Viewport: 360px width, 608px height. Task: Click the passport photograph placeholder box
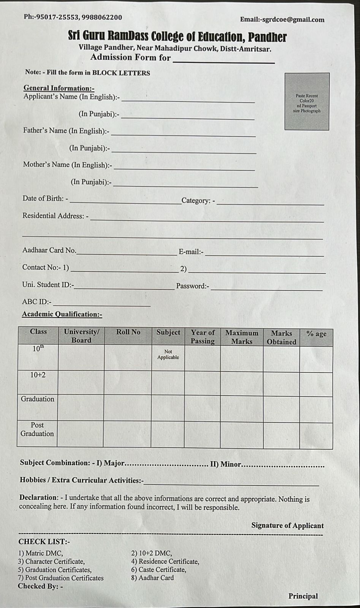[x=307, y=101]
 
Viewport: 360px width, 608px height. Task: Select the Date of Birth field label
[x=45, y=198]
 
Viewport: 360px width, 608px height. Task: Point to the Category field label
[x=198, y=201]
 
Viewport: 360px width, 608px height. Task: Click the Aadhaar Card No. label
[x=49, y=250]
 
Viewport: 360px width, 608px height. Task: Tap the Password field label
[x=192, y=286]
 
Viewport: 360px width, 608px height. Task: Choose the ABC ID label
[x=36, y=302]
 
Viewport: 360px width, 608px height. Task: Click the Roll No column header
[x=128, y=332]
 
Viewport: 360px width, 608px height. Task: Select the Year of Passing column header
[x=203, y=337]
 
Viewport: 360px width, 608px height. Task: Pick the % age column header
[x=316, y=334]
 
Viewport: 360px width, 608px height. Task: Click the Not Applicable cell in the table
[x=168, y=355]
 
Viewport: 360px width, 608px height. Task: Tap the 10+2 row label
[x=38, y=375]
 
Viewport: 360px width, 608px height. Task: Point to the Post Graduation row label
[x=37, y=429]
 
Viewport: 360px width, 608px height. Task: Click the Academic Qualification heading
[x=62, y=314]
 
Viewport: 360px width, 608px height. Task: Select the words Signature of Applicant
[x=287, y=526]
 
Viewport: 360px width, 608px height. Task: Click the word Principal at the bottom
[x=303, y=596]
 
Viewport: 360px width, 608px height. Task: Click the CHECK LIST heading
[x=44, y=542]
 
